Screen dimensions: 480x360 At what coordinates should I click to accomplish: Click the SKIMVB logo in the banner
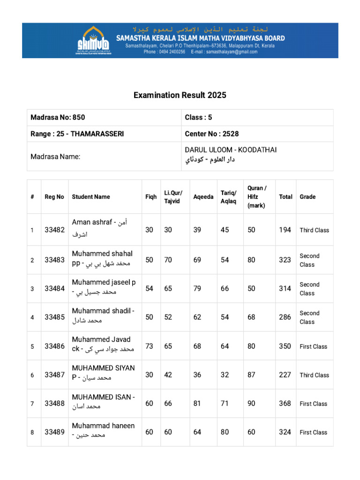[x=94, y=40]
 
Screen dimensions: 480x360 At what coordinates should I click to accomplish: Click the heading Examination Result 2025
[x=180, y=95]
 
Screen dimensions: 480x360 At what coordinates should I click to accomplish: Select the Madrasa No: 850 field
[x=58, y=117]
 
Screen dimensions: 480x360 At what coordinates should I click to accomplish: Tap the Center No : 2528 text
[x=212, y=134]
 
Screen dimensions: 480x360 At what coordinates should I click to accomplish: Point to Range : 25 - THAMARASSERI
[x=77, y=134]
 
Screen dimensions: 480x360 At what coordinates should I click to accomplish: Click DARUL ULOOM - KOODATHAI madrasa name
[x=231, y=150]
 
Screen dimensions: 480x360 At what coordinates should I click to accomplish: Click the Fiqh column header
[x=151, y=197]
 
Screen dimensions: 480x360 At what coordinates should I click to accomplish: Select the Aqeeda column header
[x=203, y=197]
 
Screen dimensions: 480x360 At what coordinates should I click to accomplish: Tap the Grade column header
[x=307, y=197]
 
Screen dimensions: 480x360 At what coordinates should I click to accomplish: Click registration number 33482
[x=54, y=230]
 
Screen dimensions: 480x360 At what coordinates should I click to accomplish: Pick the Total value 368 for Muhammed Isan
[x=285, y=404]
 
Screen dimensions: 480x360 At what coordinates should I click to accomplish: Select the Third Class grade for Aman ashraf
[x=315, y=230]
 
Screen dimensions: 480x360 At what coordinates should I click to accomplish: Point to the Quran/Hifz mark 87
[x=252, y=375]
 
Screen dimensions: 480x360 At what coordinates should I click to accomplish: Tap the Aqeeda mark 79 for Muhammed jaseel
[x=197, y=289]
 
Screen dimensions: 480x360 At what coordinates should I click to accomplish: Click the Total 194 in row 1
[x=285, y=230]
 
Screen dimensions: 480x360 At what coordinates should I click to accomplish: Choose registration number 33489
[x=54, y=432]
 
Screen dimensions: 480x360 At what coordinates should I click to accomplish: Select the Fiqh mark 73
[x=150, y=346]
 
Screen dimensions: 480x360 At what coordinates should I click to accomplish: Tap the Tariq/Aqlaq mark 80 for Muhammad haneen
[x=225, y=432]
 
